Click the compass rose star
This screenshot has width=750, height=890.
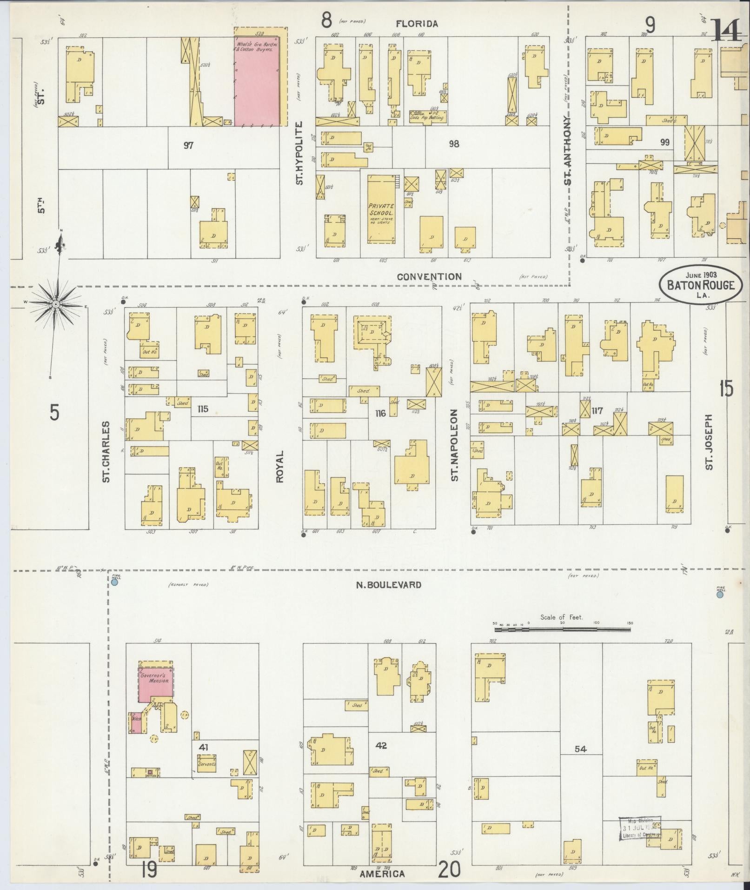pos(55,304)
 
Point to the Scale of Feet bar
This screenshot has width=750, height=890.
pos(563,629)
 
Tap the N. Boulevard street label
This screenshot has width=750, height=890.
pos(389,585)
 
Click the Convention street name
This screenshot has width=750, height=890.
pos(429,276)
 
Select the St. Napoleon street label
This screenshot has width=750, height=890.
pos(454,445)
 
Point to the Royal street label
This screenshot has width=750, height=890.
pos(280,466)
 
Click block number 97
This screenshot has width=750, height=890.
pos(188,146)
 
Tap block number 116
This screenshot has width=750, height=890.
pos(380,413)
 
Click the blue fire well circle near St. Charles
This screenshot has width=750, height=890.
pos(114,582)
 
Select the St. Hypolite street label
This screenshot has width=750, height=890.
pos(299,153)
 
